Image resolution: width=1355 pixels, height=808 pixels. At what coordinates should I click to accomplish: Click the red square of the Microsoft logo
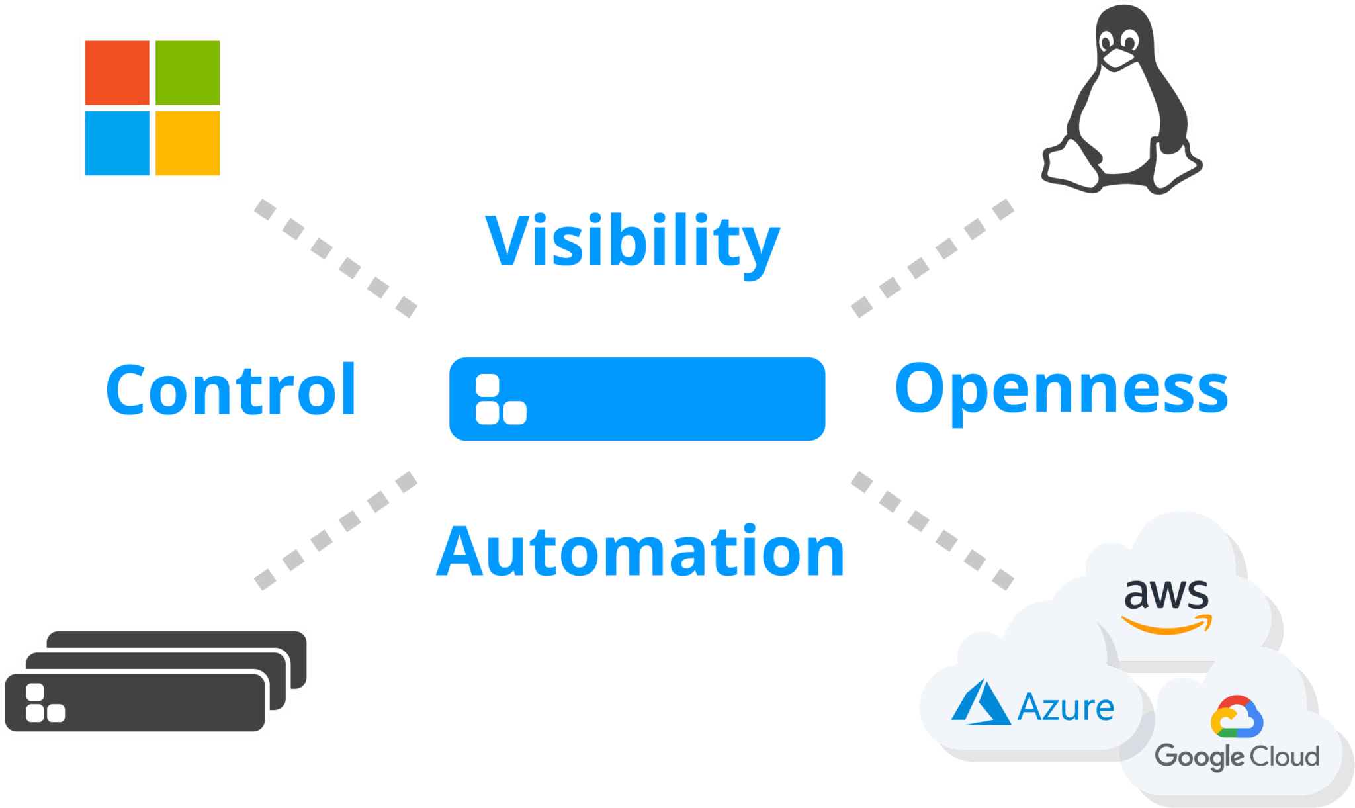pyautogui.click(x=117, y=73)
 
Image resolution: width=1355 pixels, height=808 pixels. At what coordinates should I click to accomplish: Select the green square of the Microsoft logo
pyautogui.click(x=188, y=73)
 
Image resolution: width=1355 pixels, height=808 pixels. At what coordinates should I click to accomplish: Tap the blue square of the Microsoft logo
pyautogui.click(x=117, y=143)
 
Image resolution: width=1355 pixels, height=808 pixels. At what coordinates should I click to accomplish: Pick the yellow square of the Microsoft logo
pyautogui.click(x=188, y=143)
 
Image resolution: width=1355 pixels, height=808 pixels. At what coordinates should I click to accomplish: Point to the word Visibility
pyautogui.click(x=633, y=242)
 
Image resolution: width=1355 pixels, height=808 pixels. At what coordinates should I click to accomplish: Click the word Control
pyautogui.click(x=231, y=390)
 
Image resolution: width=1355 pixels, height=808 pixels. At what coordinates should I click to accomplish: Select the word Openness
pyautogui.click(x=1061, y=390)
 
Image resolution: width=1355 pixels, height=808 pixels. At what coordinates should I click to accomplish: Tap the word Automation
pyautogui.click(x=640, y=551)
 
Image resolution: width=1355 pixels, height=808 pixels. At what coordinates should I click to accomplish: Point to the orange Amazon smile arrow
pyautogui.click(x=1167, y=625)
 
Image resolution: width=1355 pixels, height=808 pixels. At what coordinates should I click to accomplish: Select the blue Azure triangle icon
pyautogui.click(x=981, y=703)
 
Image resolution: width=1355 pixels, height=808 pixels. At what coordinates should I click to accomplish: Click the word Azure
pyautogui.click(x=1065, y=707)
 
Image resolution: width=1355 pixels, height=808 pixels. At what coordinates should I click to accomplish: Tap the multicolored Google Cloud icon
pyautogui.click(x=1237, y=717)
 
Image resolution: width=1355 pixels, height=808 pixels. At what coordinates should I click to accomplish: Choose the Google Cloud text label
pyautogui.click(x=1237, y=756)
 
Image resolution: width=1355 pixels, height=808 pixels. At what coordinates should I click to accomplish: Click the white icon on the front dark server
pyautogui.click(x=44, y=703)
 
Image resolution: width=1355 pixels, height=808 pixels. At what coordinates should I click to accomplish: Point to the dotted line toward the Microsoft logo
pyautogui.click(x=335, y=258)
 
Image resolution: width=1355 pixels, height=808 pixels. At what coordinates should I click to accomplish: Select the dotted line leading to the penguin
pyautogui.click(x=932, y=258)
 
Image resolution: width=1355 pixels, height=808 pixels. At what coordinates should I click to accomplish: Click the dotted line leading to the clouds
pyautogui.click(x=932, y=530)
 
